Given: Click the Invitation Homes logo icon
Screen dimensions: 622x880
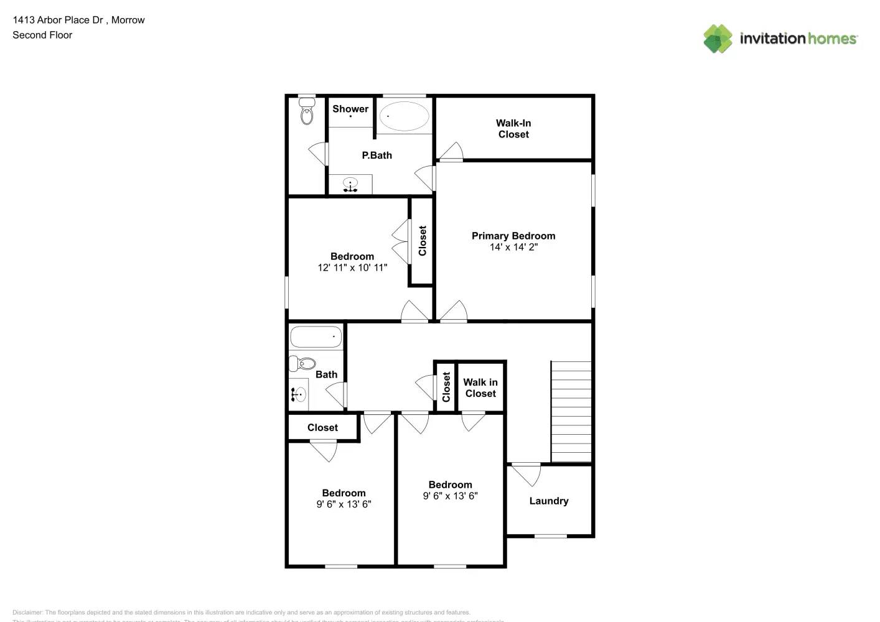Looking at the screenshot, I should coord(718,39).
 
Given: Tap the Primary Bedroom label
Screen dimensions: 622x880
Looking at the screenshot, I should coord(513,236).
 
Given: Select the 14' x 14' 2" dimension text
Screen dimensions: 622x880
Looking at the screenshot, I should coord(513,247).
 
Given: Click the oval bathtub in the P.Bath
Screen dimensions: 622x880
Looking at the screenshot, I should coord(404,116).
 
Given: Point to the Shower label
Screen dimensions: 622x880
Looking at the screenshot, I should coord(350,109).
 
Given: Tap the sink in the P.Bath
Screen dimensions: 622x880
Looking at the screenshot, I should coord(350,185).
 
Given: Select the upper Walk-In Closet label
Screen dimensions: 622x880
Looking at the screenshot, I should coord(513,129).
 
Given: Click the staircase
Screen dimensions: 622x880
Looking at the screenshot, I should coord(571,411).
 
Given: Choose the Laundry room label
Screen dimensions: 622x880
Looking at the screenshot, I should coord(548,501).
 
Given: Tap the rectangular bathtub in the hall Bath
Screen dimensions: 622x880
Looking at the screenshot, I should coord(316,337).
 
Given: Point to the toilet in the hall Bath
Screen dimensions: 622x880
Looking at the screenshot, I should coord(303,363).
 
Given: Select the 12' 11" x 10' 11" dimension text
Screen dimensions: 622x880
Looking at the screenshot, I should coord(352,267).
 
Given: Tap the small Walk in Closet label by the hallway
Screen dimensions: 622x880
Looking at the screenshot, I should coord(480,388).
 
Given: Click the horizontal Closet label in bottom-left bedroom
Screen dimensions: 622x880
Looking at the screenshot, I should coord(322,427).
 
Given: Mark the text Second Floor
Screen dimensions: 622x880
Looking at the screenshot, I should coord(42,35).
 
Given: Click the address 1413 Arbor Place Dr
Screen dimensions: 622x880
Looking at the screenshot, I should coord(58,20).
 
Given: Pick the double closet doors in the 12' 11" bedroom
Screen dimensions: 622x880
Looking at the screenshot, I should coord(401,241).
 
